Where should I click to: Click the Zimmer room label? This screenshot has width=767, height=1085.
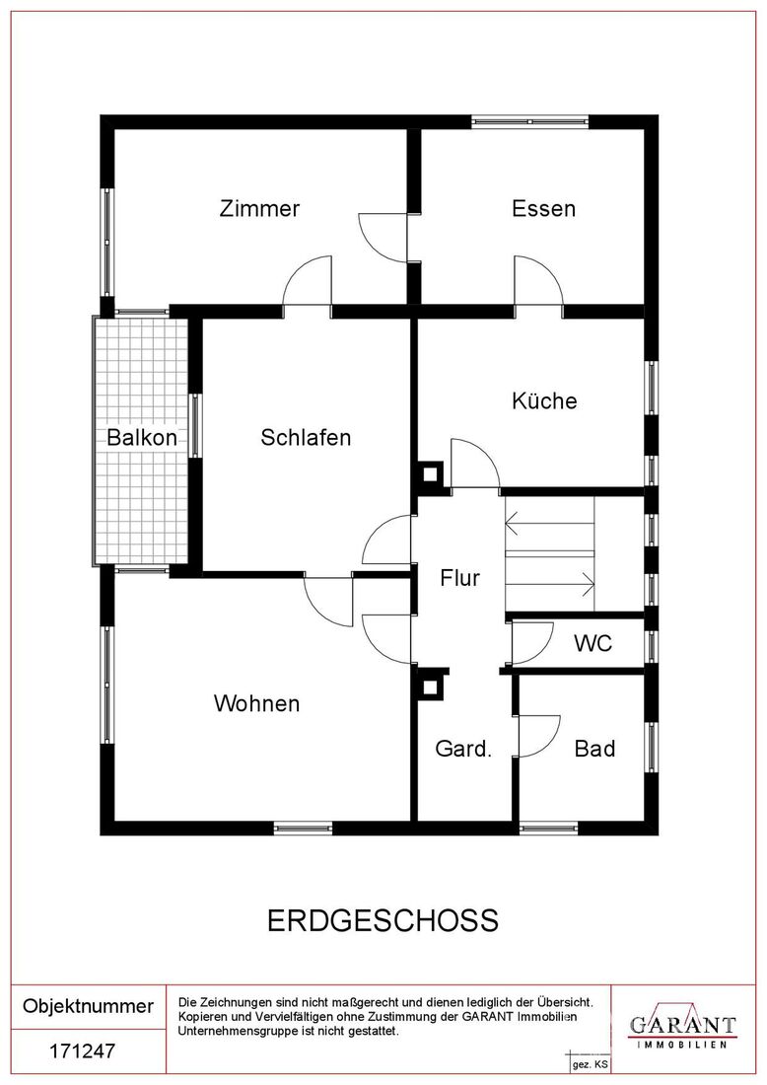(x=259, y=208)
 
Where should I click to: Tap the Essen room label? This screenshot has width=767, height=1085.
(x=543, y=208)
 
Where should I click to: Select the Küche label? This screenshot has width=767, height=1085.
(x=544, y=400)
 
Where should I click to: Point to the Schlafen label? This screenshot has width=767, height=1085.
(x=306, y=437)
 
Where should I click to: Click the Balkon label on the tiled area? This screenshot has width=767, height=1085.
(x=142, y=437)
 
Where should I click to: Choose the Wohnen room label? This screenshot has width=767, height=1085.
(x=256, y=703)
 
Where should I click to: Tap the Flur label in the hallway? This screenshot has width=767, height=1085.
(x=460, y=577)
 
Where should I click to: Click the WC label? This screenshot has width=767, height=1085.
(x=593, y=643)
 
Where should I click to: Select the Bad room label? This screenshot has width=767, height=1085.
(x=594, y=748)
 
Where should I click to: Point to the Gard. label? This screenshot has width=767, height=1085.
(x=463, y=748)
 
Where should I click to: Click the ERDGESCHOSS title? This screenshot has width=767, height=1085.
(x=383, y=921)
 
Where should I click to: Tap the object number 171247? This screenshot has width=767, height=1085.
(x=82, y=1051)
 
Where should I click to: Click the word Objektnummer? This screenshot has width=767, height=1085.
(x=88, y=1005)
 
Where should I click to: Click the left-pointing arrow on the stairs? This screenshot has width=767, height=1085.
(x=550, y=523)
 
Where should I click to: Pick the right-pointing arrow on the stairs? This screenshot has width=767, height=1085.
(x=550, y=584)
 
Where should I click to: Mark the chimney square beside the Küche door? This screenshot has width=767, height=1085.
(x=430, y=474)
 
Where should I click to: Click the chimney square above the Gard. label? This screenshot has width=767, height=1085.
(x=430, y=687)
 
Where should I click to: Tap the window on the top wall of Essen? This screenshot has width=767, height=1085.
(x=529, y=121)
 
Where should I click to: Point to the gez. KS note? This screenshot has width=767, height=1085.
(x=590, y=1064)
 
